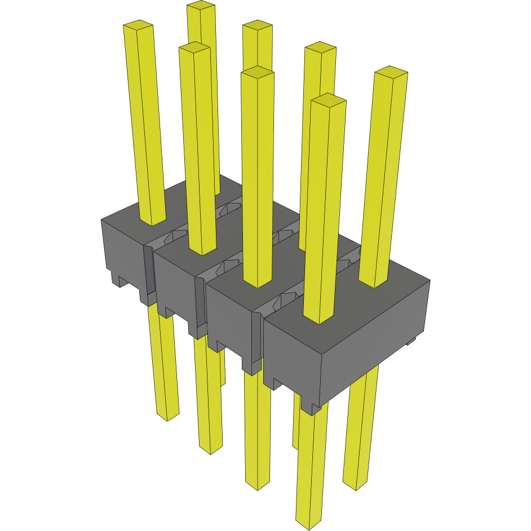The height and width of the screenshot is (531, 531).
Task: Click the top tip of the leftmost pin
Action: [138, 25]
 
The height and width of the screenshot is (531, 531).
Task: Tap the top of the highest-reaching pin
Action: [201, 6]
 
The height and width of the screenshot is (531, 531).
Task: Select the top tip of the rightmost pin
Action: [391, 72]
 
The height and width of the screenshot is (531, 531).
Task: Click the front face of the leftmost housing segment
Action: [122, 254]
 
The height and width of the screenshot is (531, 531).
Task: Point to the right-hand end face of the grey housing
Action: [375, 338]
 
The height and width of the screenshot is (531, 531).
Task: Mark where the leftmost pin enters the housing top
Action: [152, 221]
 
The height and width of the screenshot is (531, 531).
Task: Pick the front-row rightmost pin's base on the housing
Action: [319, 318]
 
